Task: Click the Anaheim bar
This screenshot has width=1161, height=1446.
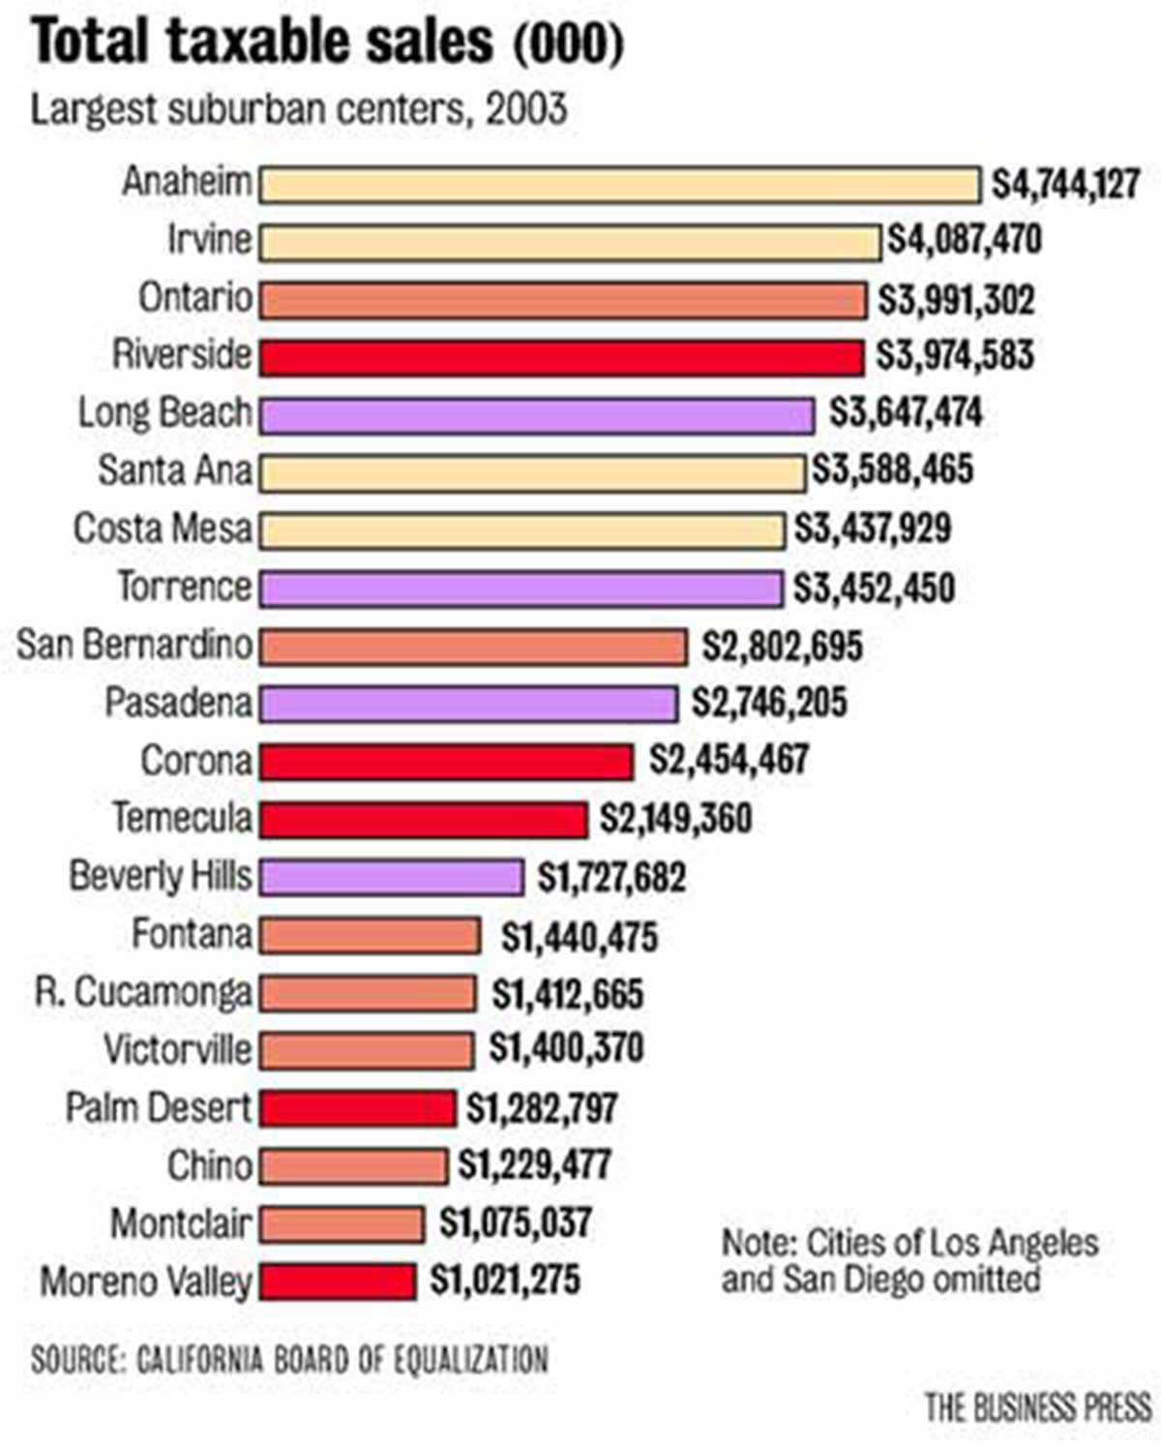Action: click(x=619, y=184)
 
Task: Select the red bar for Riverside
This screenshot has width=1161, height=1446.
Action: click(x=561, y=357)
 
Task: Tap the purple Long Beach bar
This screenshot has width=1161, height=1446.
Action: click(x=537, y=415)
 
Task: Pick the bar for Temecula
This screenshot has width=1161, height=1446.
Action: click(x=423, y=820)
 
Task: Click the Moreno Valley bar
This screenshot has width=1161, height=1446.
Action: click(x=338, y=1281)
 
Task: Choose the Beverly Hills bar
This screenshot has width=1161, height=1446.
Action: click(x=392, y=877)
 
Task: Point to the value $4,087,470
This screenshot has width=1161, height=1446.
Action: click(x=965, y=239)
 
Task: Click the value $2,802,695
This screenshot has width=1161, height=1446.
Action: click(x=782, y=646)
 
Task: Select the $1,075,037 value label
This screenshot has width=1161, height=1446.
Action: click(x=515, y=1222)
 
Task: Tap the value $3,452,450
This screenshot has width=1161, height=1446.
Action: click(x=874, y=587)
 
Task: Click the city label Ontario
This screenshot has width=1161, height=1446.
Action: click(x=194, y=297)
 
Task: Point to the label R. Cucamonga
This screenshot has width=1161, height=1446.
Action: click(x=143, y=992)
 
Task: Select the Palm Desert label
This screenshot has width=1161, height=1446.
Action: click(x=158, y=1107)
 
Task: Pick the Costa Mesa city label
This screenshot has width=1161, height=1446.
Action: click(x=163, y=529)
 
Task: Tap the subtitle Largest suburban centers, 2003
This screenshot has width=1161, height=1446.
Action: click(x=298, y=108)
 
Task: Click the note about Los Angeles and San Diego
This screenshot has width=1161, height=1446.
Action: click(x=909, y=1261)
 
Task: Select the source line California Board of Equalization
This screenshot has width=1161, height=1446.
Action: click(x=289, y=1360)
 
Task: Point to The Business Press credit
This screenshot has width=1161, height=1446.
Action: click(x=1037, y=1406)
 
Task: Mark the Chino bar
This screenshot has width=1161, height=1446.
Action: click(x=353, y=1166)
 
